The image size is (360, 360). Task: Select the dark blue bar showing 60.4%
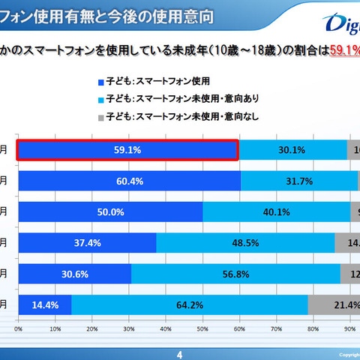pos(129,181)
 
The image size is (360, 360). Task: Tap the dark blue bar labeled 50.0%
pos(110,212)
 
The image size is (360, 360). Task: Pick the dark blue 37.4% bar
pos(87,243)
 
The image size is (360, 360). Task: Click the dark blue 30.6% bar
pos(75,274)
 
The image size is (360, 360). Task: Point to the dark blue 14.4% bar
pos(45,305)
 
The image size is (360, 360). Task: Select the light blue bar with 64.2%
pos(189,305)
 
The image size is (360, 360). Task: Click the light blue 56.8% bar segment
pos(235,274)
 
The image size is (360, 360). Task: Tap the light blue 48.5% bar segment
pos(245,243)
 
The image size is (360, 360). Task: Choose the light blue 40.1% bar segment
pos(276,212)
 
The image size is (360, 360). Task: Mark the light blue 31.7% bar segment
pos(299,181)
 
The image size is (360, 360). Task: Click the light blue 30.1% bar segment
pos(292,150)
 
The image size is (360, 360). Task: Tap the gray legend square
pos(101,115)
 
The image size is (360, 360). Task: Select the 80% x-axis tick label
pos(313,328)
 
